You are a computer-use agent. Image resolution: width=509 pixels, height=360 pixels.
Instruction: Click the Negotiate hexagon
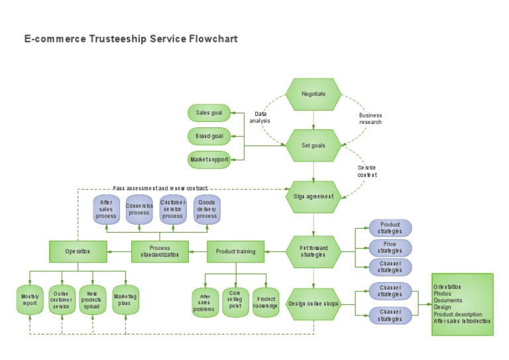313,94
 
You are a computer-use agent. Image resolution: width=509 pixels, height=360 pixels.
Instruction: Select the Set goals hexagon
313,145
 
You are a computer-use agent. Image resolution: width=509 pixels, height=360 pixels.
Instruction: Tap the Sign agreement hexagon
313,196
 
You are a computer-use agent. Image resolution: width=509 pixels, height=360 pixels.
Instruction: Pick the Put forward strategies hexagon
313,251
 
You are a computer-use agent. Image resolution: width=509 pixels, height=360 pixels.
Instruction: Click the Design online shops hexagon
313,304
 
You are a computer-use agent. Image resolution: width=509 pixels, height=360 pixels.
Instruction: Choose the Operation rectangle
78,251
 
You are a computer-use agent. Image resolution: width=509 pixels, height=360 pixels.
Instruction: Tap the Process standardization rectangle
160,251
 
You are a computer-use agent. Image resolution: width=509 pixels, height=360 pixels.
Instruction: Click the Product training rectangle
235,251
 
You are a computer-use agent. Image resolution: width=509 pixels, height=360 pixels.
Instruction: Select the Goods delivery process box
207,210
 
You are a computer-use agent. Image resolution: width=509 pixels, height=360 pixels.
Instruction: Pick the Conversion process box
139,210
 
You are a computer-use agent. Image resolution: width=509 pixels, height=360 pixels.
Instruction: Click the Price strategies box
390,248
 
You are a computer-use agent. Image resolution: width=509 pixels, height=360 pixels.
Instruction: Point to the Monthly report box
30,300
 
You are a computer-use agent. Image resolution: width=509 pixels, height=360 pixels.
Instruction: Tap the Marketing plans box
125,300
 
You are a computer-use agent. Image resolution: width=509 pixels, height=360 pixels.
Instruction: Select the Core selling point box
235,301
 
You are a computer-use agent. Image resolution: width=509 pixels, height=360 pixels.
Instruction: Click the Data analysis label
260,117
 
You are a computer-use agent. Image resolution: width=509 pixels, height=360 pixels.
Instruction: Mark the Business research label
370,119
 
